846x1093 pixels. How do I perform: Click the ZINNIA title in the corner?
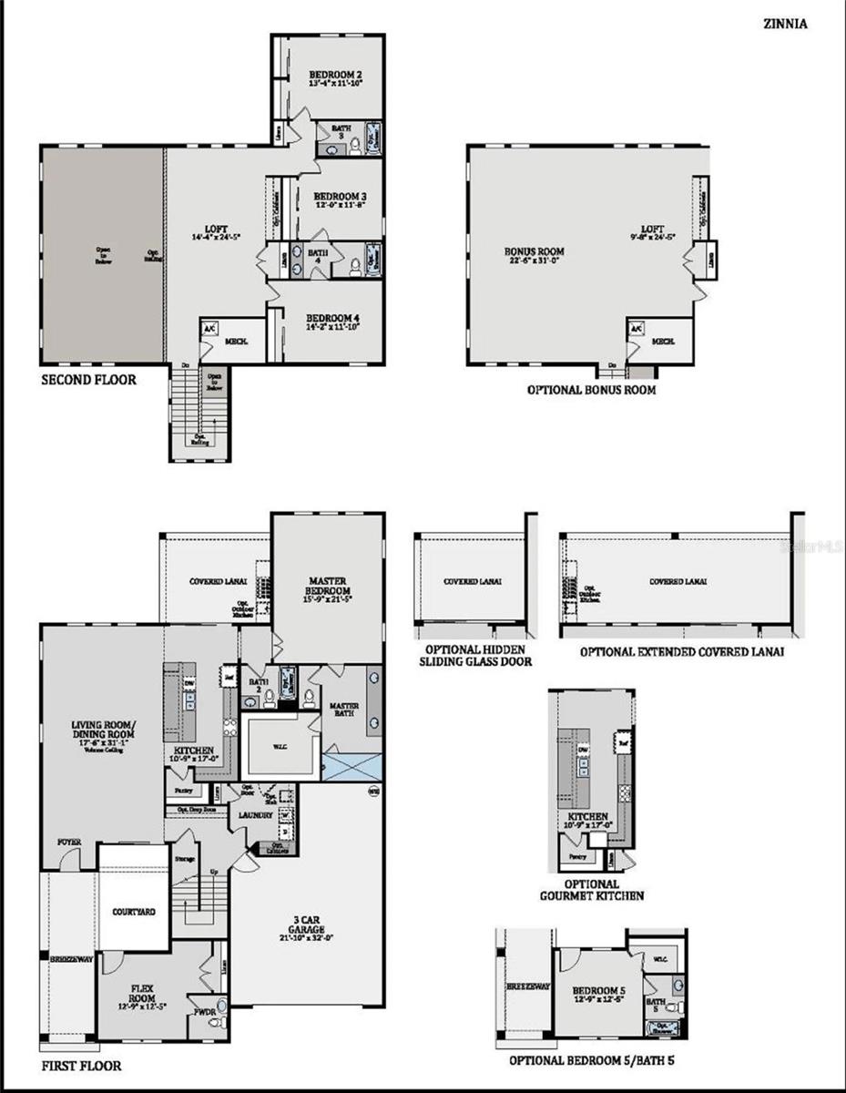785,25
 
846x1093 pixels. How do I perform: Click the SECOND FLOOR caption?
89,379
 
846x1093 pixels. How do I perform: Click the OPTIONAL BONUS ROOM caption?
591,390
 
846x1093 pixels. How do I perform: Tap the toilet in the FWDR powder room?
217,1023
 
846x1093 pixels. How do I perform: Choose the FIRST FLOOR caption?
81,1065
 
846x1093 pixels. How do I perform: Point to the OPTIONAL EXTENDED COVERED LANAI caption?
681,652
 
